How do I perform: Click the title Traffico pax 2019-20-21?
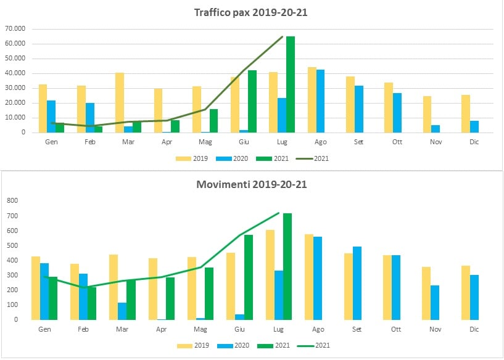(250, 13)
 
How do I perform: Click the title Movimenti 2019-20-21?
(250, 184)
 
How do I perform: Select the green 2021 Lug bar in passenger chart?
(291, 84)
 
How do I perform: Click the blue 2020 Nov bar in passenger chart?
(436, 129)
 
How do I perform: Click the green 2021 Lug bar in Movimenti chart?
(287, 266)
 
